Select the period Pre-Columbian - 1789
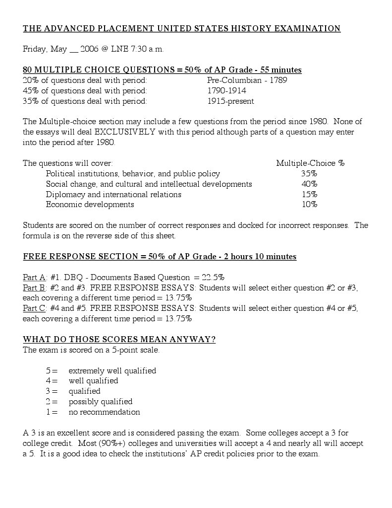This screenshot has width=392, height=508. tap(247, 80)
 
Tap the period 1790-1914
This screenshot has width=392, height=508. tap(226, 90)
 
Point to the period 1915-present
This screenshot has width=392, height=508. tap(230, 101)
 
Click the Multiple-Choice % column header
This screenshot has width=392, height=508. tap(310, 163)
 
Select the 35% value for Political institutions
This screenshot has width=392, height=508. tap(309, 173)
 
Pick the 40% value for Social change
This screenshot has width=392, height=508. tap(309, 184)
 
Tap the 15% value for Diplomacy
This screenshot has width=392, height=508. tap(309, 194)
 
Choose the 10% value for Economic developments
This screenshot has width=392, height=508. tap(309, 204)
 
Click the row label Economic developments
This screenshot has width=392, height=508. tap(90, 204)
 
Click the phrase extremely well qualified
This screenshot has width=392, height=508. tap(112, 370)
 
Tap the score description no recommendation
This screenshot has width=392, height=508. tap(104, 412)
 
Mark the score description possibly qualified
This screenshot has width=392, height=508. tap(101, 401)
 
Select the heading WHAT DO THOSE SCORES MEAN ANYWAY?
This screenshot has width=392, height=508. tap(119, 340)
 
